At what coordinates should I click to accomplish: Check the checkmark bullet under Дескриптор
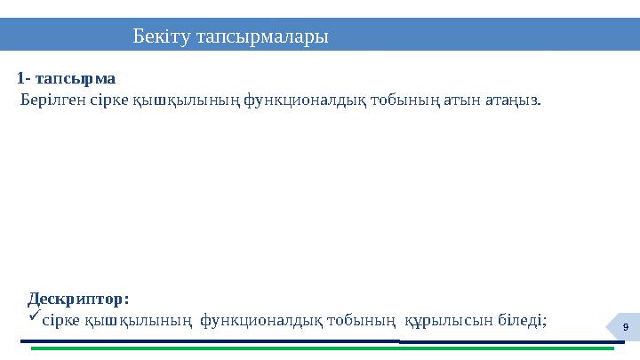[34, 316]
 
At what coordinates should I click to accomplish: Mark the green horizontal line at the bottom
[320, 348]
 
